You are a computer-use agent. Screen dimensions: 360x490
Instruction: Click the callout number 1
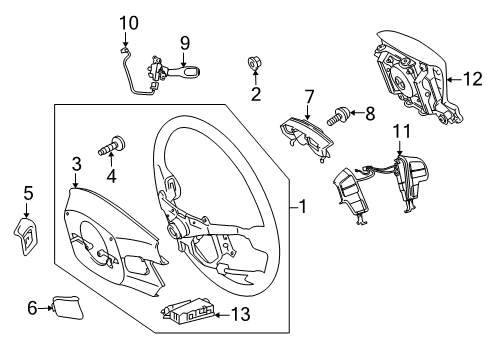[x=301, y=208]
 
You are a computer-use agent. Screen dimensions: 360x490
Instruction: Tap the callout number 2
[x=255, y=95]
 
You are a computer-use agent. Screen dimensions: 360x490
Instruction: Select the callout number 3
[x=76, y=163]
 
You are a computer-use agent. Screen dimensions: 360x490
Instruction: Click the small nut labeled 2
[x=254, y=65]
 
